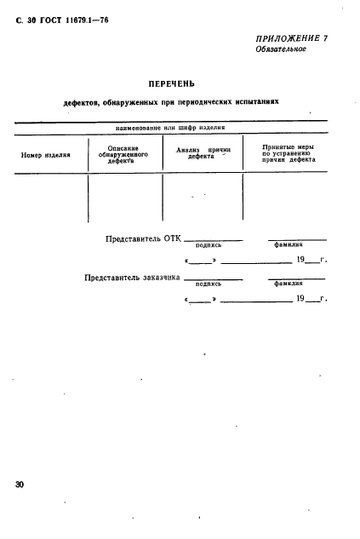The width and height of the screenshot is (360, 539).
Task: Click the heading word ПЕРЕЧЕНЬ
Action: [172, 83]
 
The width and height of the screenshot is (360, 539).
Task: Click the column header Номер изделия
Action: [46, 154]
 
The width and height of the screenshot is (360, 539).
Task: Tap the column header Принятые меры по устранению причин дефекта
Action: [285, 153]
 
